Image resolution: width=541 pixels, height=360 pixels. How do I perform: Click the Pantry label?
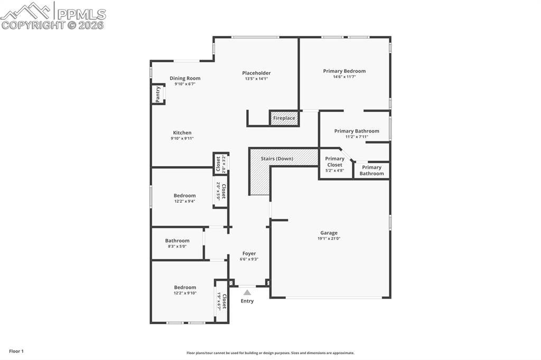point(158,94)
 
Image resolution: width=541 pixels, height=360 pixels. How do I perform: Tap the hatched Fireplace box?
point(284,118)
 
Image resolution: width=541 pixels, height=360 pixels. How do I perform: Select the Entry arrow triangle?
point(247,292)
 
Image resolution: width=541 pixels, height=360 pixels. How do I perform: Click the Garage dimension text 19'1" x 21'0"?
point(329,239)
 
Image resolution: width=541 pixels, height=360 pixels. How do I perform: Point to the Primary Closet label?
point(334,162)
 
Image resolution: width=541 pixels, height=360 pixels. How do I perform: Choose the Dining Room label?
point(185,78)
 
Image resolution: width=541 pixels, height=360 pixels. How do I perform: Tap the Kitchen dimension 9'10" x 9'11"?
point(182,139)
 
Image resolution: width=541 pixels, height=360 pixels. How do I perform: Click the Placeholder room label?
point(256,73)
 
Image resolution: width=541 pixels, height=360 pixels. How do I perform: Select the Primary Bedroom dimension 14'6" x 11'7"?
point(344,77)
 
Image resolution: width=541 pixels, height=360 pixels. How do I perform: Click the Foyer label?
point(249,253)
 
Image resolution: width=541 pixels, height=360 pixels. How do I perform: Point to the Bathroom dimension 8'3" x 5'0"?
point(177,247)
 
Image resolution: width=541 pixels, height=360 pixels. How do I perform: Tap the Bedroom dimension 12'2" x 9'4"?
point(184,201)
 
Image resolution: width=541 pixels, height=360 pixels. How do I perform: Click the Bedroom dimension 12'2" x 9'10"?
point(185,293)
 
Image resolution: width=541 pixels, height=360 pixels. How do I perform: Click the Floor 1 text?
point(16,351)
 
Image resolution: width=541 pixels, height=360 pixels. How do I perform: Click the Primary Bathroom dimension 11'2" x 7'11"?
point(356,137)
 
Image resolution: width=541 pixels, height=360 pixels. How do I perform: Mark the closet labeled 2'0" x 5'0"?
point(221,191)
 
